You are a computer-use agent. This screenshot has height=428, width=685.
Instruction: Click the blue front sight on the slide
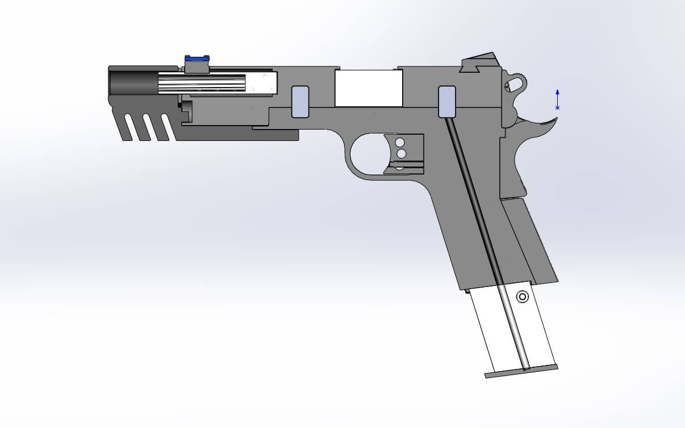click(197, 58)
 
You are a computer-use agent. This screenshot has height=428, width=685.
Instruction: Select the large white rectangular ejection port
click(369, 88)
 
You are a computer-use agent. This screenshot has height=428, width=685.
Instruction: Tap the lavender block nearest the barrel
click(300, 102)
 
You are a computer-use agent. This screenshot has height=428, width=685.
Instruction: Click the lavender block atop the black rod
click(448, 102)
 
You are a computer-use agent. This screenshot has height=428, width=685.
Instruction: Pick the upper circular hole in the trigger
click(400, 142)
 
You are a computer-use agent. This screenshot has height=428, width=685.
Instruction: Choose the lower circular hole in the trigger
click(401, 153)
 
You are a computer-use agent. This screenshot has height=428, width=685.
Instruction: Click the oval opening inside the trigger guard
click(369, 155)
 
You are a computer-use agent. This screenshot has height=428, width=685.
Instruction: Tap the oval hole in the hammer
click(514, 84)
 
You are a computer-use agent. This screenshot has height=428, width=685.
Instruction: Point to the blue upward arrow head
click(557, 92)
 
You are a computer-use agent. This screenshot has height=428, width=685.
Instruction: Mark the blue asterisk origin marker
click(557, 107)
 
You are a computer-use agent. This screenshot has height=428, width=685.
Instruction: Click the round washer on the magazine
click(522, 296)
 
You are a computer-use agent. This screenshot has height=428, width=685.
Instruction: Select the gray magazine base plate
click(521, 371)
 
